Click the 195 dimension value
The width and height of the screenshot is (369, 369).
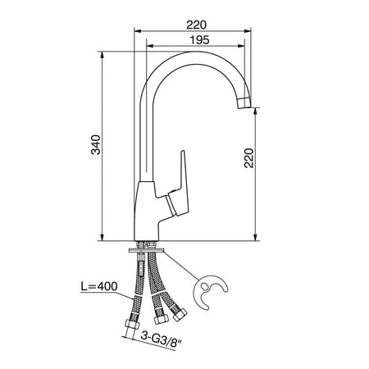199,40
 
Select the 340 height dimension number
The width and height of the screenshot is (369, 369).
96,145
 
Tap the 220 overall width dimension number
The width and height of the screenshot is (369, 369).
196,25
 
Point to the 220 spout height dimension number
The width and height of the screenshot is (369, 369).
249,158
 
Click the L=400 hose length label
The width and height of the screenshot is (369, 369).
99,286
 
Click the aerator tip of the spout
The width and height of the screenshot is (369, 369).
244,102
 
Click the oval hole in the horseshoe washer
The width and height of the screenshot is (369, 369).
205,287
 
